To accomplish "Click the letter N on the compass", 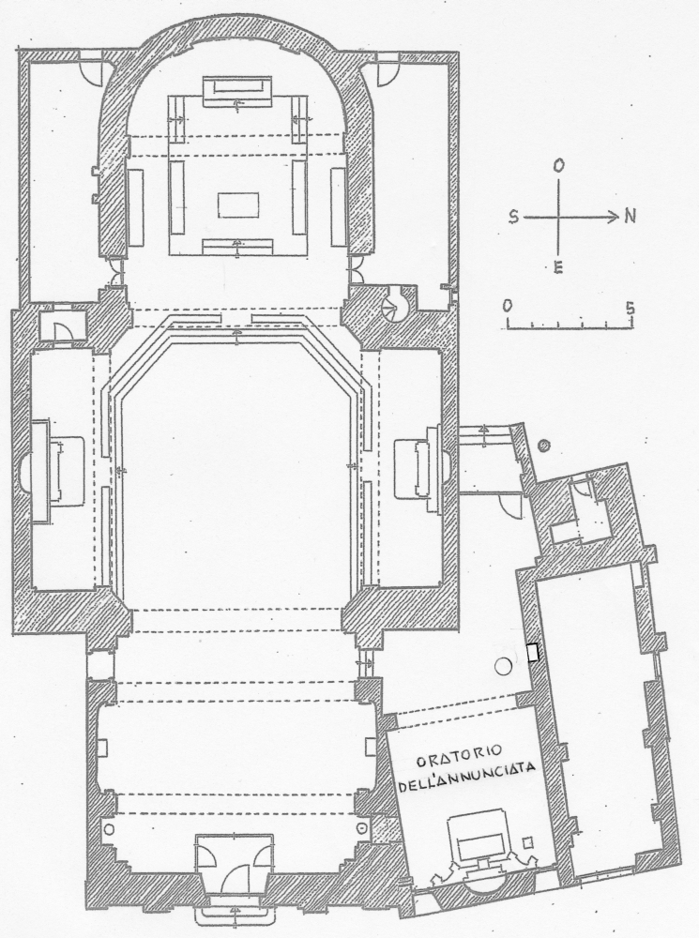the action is (630, 217).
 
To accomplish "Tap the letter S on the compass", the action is (513, 218).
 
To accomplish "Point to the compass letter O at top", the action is (558, 167).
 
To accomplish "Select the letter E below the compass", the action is (557, 268).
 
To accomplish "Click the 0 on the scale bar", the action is (508, 307).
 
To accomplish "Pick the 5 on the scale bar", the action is (631, 309).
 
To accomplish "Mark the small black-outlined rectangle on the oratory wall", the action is (533, 652).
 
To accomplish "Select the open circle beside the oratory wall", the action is (504, 666).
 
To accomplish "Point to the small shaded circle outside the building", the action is (544, 445).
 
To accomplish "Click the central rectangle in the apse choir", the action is (238, 206).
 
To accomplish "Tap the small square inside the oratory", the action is (528, 841).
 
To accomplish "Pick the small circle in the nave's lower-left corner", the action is (109, 828).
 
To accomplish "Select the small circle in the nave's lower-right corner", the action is (362, 828).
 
